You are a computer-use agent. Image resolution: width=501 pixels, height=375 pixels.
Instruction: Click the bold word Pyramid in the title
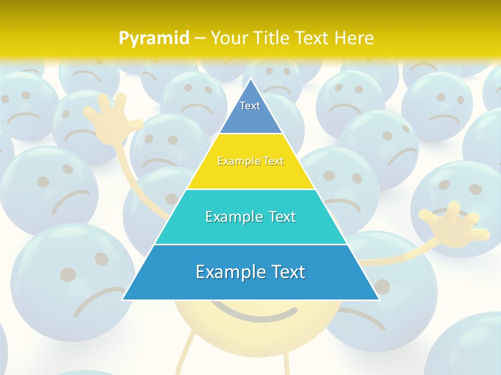point(153,38)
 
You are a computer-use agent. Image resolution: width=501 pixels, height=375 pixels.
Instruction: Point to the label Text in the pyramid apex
point(250,106)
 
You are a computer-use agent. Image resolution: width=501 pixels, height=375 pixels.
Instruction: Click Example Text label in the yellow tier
point(250,161)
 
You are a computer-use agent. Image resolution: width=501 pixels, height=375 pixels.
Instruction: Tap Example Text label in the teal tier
point(250,217)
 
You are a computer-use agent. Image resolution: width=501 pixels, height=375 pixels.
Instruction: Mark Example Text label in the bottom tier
point(250,272)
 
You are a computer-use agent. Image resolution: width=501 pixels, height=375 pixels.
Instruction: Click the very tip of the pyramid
point(251,79)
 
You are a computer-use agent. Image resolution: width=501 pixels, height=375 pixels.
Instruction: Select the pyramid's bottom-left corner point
point(123,299)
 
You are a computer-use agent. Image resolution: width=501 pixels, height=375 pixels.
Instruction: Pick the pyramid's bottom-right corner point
point(379,299)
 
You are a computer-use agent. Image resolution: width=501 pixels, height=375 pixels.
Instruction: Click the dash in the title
point(200,39)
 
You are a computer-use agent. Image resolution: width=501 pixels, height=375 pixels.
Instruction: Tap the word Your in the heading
point(230,38)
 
